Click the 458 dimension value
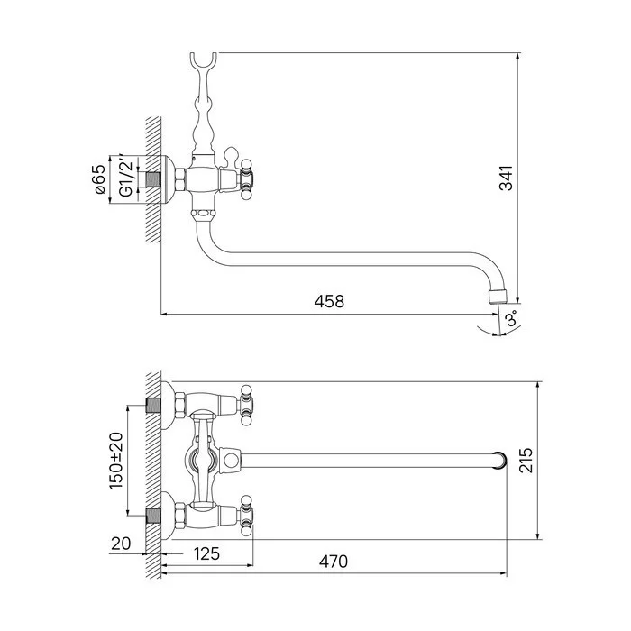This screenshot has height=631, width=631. pyautogui.click(x=329, y=301)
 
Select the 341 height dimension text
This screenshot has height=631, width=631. pyautogui.click(x=506, y=178)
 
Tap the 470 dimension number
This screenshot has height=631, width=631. pyautogui.click(x=334, y=561)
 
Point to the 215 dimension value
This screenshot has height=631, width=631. pyautogui.click(x=526, y=460)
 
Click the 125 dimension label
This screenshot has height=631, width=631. pyautogui.click(x=206, y=553)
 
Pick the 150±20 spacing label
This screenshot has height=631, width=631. pyautogui.click(x=116, y=461)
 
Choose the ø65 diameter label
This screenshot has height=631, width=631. pyautogui.click(x=100, y=179)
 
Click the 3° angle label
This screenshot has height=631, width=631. pyautogui.click(x=511, y=319)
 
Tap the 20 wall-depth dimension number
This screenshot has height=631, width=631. pyautogui.click(x=121, y=544)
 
